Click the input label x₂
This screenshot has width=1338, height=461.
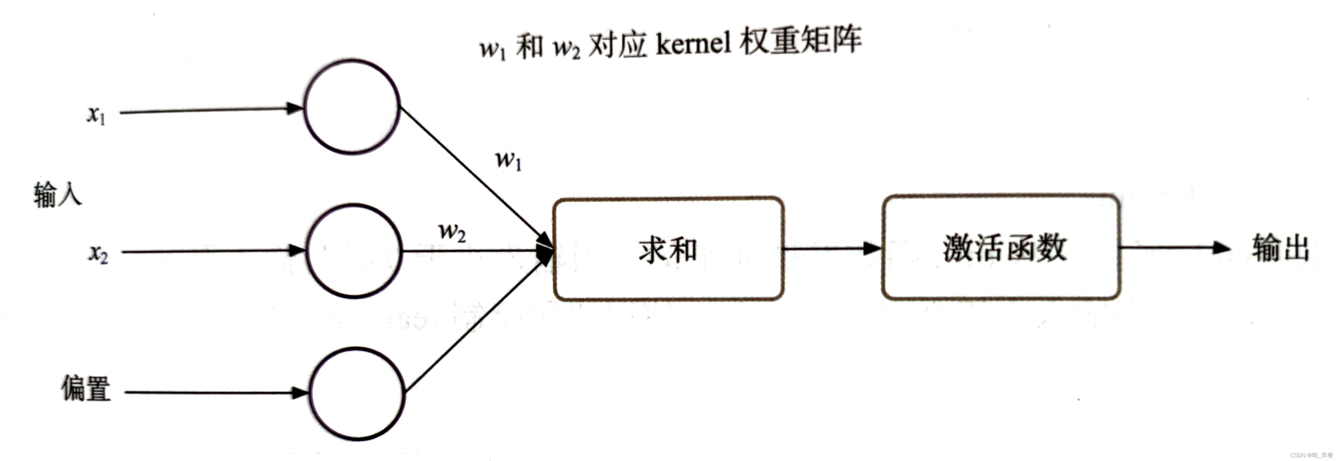(98, 254)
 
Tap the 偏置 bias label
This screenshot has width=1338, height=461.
(86, 388)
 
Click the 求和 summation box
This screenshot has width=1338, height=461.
(668, 249)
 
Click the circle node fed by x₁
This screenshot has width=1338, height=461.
(351, 107)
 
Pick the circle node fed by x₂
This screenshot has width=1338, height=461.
(354, 251)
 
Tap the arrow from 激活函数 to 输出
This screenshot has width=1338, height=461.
(1174, 248)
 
